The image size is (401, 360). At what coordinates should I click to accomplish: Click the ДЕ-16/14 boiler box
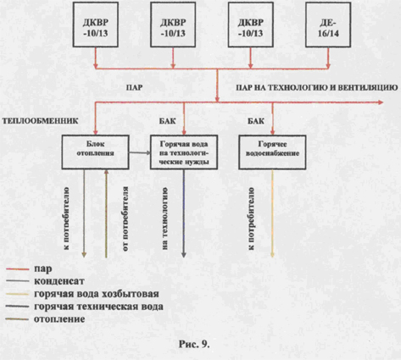tap(328, 25)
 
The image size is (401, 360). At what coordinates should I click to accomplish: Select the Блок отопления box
tap(96, 152)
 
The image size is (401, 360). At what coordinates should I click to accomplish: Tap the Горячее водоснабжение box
tap(272, 152)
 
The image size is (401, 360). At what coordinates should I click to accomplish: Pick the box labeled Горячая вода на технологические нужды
tap(184, 152)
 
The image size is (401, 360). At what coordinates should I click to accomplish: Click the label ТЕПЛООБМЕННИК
tap(40, 121)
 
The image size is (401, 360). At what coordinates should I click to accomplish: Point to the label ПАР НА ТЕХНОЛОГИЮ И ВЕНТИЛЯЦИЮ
tap(317, 88)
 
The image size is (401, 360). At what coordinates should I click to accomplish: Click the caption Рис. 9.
tap(194, 344)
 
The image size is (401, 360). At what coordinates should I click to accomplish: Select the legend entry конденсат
tap(59, 281)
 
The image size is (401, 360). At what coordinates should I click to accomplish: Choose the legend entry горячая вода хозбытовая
tap(97, 294)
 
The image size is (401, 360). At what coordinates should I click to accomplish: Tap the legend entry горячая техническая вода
tap(98, 307)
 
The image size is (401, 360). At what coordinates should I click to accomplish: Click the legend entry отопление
tap(59, 319)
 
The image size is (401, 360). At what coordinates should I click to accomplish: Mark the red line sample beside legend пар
tap(18, 269)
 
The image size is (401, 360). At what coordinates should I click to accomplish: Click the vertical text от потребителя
tap(125, 219)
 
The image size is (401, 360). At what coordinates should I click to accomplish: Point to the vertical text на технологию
tap(165, 219)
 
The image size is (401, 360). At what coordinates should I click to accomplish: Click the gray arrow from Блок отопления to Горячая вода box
tap(140, 152)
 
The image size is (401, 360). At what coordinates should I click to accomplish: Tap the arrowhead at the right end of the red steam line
tap(381, 102)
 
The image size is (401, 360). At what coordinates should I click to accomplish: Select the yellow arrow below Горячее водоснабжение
tap(272, 213)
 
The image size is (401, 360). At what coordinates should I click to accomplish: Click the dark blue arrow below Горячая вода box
tap(184, 213)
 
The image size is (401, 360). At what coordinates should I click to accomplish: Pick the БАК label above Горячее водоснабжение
tap(256, 121)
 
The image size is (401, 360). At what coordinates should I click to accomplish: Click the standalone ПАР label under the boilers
tap(135, 88)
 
